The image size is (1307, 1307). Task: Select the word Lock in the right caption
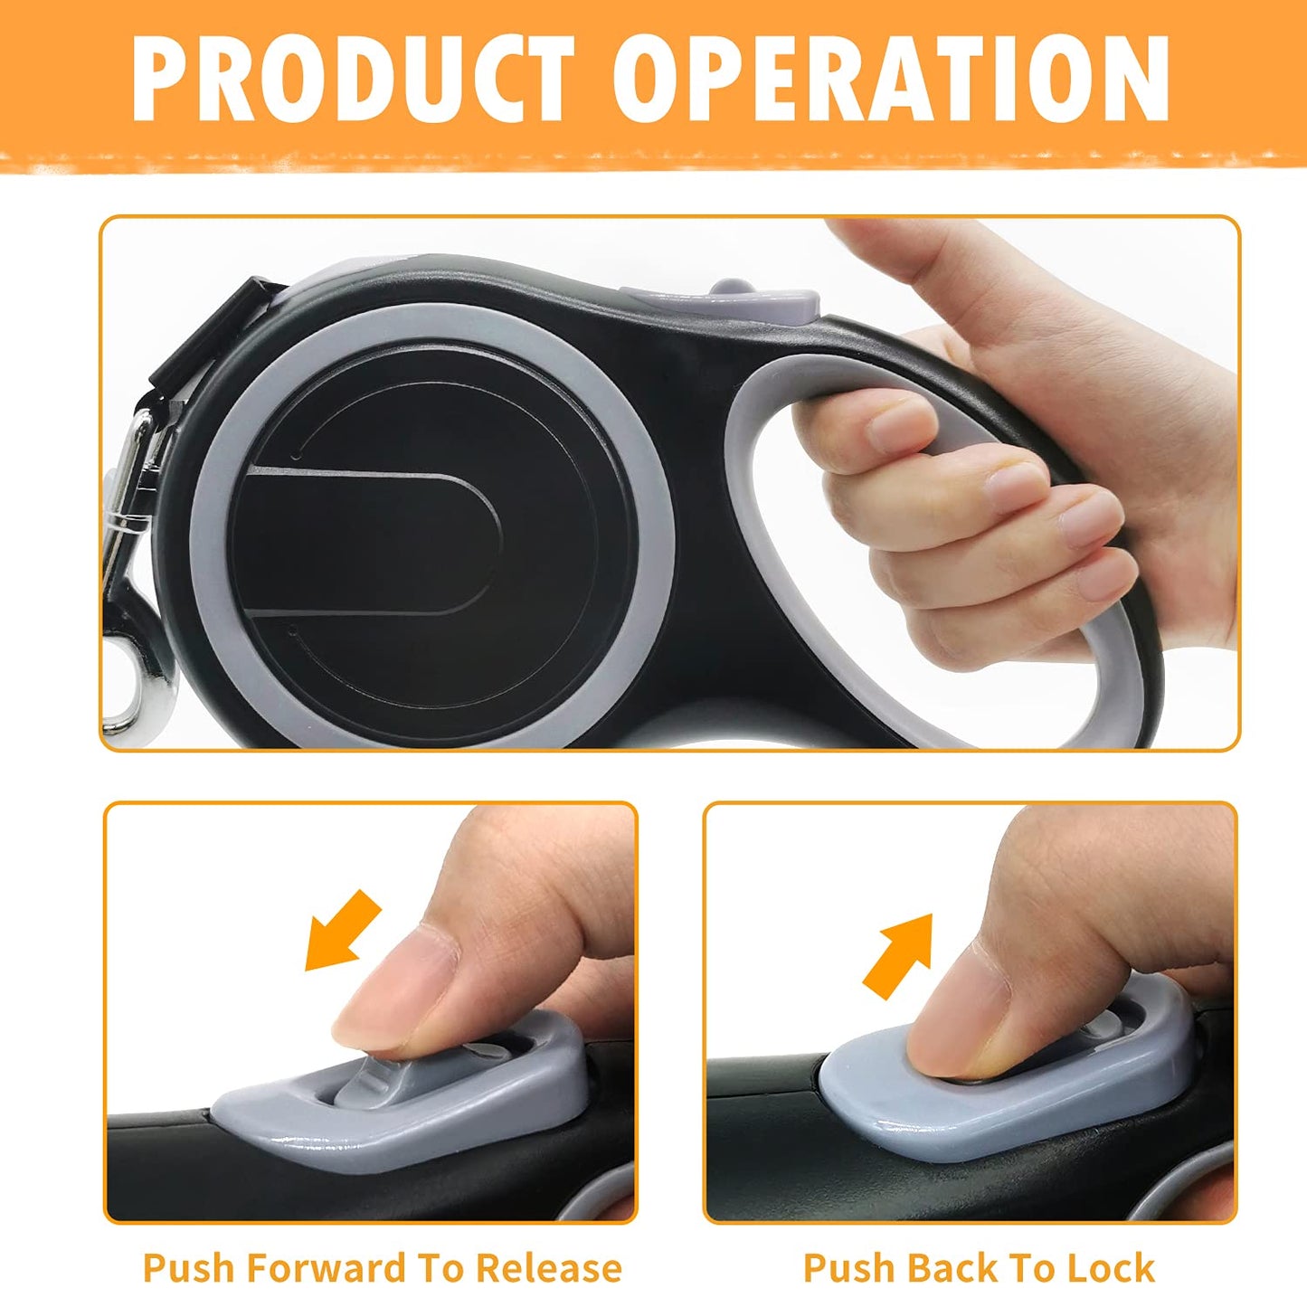pos(1111,1268)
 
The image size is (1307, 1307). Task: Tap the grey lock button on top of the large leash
pos(724,298)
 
